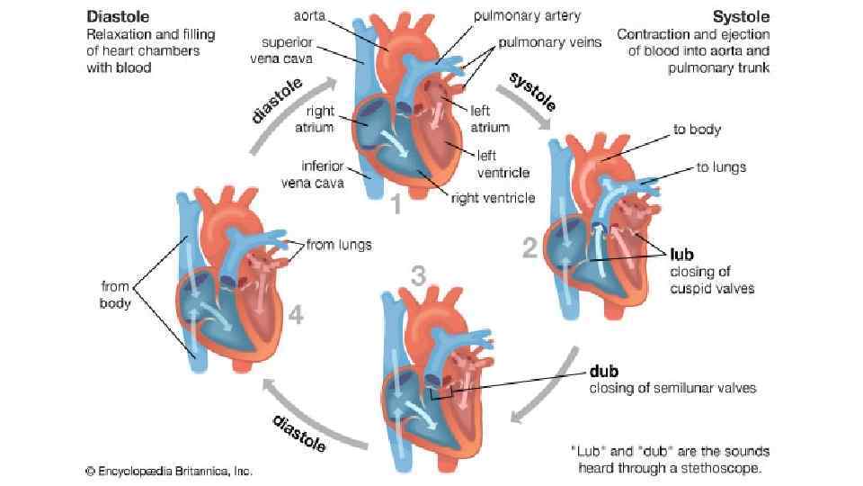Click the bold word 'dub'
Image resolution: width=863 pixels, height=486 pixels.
[x=604, y=371]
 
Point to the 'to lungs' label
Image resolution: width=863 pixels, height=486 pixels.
[x=721, y=166]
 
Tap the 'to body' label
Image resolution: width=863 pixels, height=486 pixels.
[x=698, y=130]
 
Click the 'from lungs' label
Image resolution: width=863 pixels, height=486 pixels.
[x=339, y=244]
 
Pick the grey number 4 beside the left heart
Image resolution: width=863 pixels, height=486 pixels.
[x=296, y=315]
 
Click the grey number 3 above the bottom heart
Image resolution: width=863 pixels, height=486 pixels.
[x=418, y=277]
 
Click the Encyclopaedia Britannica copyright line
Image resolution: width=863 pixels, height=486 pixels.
[x=169, y=470]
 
